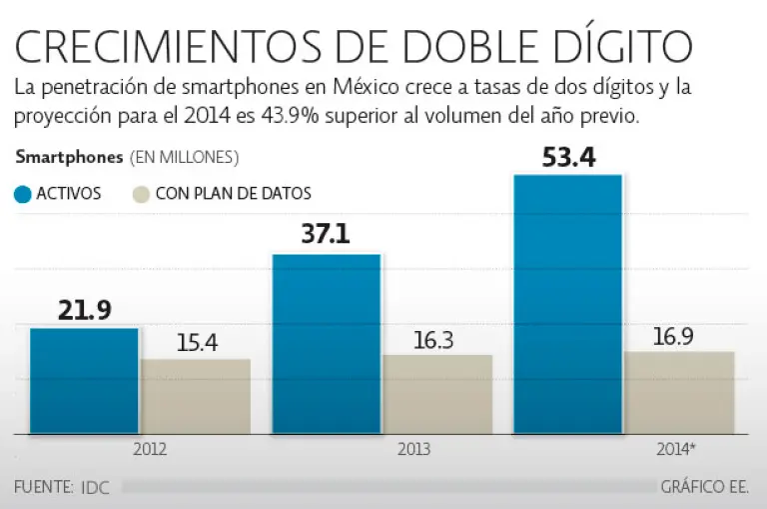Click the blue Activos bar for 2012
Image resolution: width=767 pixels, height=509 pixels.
(x=84, y=381)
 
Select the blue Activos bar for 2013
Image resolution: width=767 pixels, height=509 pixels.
(x=327, y=344)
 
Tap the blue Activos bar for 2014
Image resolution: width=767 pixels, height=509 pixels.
(x=568, y=304)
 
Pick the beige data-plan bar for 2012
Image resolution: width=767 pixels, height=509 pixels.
(x=196, y=396)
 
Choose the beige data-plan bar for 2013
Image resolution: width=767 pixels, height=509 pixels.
(x=437, y=394)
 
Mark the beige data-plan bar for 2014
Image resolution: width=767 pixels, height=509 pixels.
(x=679, y=393)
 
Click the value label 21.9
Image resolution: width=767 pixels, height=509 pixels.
(x=84, y=311)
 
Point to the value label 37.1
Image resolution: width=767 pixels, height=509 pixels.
(x=327, y=235)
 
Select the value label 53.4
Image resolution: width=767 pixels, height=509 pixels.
(x=568, y=156)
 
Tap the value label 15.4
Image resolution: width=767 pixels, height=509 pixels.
(x=197, y=343)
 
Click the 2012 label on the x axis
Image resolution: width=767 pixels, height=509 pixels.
(x=150, y=449)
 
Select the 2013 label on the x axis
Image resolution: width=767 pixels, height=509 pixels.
(x=413, y=449)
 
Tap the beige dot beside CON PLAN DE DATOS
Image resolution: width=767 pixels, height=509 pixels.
(x=142, y=194)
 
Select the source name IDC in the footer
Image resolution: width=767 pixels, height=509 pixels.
(x=96, y=487)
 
